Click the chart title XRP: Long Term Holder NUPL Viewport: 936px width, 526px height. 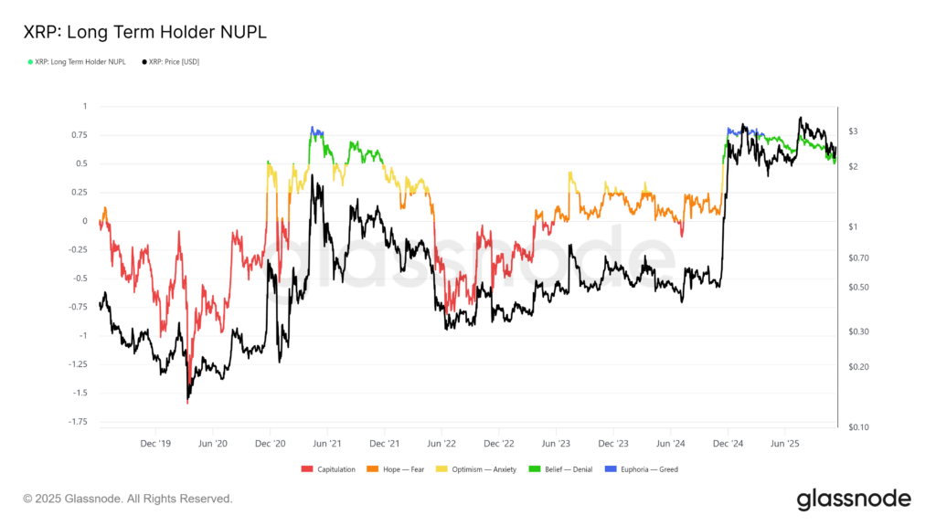click(145, 32)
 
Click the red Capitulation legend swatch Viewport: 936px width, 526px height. click(307, 469)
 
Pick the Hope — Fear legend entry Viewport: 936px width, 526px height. click(396, 469)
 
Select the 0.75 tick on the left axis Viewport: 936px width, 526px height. click(80, 135)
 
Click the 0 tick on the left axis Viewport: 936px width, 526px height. click(84, 221)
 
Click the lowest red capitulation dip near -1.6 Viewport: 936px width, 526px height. click(187, 401)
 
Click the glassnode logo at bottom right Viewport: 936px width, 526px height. click(854, 499)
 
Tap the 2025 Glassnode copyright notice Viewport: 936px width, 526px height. click(128, 499)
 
